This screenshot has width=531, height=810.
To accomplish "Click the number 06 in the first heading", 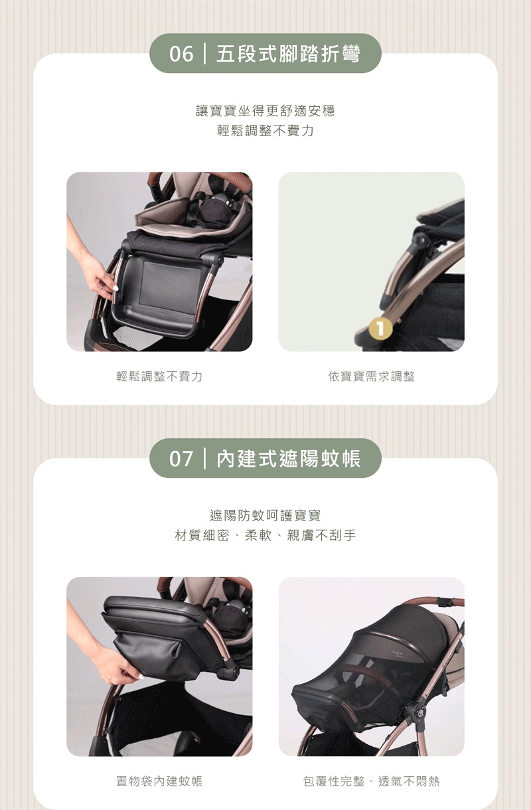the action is (x=181, y=54).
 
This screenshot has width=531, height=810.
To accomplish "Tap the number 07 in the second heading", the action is (x=181, y=459).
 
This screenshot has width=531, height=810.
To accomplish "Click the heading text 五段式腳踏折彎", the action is (x=288, y=54).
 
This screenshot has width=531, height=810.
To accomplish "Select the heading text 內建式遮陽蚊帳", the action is (x=288, y=459).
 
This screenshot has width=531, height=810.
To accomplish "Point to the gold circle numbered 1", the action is (x=380, y=329).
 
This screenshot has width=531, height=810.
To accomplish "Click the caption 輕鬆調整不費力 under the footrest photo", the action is (x=159, y=376).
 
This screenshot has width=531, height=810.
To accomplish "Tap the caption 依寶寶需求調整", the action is (x=371, y=376).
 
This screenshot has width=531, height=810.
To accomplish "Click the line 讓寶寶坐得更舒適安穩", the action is (x=265, y=111).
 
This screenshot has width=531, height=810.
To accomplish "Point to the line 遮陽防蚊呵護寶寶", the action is (x=265, y=516).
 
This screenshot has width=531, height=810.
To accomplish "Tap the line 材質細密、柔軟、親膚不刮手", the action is (x=265, y=536).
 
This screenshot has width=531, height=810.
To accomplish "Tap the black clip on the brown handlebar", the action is (x=445, y=603).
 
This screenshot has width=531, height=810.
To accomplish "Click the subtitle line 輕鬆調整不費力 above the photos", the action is (x=265, y=131).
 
